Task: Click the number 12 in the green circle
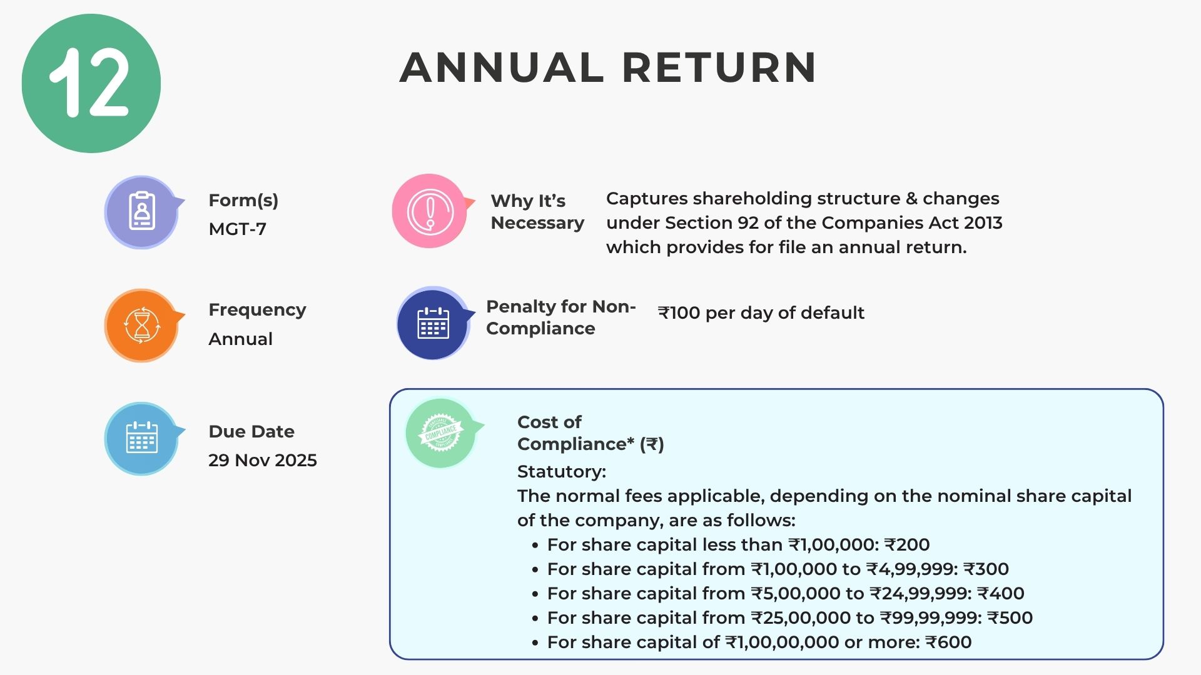point(89,82)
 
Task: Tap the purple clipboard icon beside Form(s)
point(141,212)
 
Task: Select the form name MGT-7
point(238,229)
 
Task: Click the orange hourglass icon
point(141,325)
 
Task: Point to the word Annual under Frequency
point(240,339)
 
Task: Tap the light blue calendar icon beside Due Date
point(141,438)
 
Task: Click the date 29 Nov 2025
point(263,460)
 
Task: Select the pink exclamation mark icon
point(430,211)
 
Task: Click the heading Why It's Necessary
point(537,212)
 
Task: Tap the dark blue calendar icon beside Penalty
point(433,323)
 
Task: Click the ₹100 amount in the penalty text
point(679,312)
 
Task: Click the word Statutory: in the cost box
point(562,471)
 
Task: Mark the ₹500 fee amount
point(1010,617)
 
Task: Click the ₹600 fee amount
point(948,642)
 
